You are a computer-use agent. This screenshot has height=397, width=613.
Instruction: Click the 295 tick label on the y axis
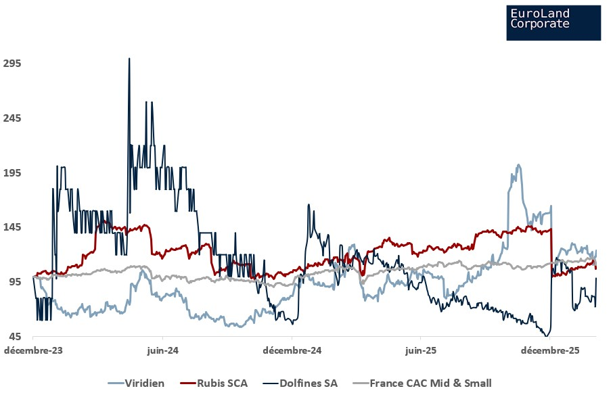[14, 64]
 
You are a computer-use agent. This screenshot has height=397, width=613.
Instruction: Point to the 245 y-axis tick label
[14, 118]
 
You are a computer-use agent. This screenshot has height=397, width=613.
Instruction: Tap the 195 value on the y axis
[14, 173]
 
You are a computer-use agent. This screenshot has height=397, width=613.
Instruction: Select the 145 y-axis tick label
[14, 227]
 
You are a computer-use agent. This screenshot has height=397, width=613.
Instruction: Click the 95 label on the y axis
[16, 282]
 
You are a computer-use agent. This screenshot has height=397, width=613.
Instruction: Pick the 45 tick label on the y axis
[16, 337]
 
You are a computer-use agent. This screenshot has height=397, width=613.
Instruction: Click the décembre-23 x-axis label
[32, 351]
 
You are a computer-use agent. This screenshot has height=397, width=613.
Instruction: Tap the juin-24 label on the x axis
[162, 351]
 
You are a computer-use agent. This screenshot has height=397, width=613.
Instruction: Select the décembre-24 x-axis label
[292, 351]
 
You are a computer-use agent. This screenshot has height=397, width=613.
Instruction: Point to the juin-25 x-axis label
[421, 351]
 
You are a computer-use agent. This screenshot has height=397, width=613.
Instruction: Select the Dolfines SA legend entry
[308, 383]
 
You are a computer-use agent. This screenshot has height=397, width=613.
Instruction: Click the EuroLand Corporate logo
[553, 22]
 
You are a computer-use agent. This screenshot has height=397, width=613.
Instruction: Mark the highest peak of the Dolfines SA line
[129, 59]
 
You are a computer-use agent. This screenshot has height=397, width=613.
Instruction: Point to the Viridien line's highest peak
[518, 164]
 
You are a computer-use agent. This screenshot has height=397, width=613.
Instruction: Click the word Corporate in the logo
[540, 24]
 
